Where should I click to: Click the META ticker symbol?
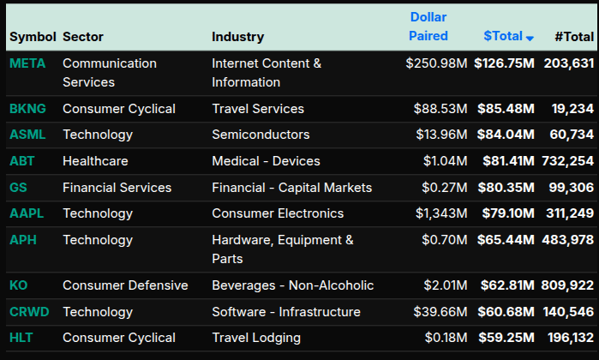click(x=27, y=63)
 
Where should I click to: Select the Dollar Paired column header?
click(x=428, y=27)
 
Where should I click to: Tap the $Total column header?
click(x=503, y=36)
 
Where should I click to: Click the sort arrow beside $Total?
click(x=530, y=38)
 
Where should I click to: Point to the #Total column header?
click(x=574, y=36)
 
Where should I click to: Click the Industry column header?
click(x=237, y=37)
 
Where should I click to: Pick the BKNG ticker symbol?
click(x=27, y=109)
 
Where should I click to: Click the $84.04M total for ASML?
click(x=504, y=135)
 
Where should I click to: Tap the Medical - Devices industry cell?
click(x=266, y=161)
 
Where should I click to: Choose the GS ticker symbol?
click(x=18, y=188)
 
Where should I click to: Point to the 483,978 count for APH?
click(x=568, y=240)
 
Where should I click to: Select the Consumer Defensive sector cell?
click(x=125, y=285)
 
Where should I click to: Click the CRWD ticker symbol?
click(x=28, y=311)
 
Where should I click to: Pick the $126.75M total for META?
click(x=504, y=63)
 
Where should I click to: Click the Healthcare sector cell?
click(x=95, y=161)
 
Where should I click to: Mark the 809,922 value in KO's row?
click(x=568, y=285)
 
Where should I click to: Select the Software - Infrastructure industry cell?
click(x=286, y=311)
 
